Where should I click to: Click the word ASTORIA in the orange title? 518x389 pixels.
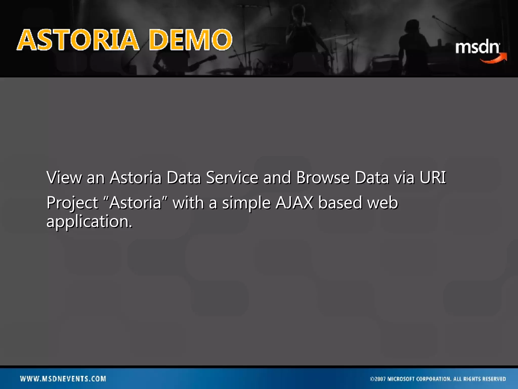tap(78, 40)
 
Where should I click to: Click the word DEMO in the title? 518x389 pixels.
tap(190, 40)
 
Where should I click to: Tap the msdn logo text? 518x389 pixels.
tap(477, 47)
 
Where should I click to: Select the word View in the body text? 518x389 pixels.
tap(64, 177)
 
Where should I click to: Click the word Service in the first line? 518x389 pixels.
tap(232, 177)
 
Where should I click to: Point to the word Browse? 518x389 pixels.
tap(323, 177)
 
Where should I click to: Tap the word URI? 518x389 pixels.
tap(433, 177)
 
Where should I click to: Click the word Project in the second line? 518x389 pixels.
tap(72, 203)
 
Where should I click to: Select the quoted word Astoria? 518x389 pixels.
tap(135, 203)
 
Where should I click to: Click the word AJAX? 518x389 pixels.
tap(294, 203)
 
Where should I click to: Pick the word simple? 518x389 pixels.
tap(246, 203)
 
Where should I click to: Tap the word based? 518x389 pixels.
tap(340, 203)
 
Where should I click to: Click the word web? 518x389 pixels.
tap(382, 203)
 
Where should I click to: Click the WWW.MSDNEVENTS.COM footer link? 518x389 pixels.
tap(63, 379)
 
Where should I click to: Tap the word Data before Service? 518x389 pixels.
tap(184, 177)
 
